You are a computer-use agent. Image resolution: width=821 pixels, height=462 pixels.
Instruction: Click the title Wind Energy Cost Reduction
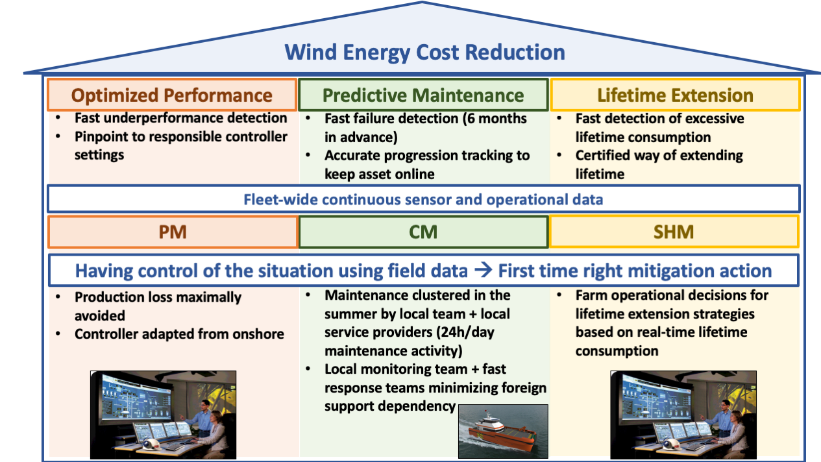click(425, 53)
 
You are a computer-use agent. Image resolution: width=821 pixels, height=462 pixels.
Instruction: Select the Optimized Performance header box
click(172, 95)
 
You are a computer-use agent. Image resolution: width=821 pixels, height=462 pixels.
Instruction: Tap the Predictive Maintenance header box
click(423, 95)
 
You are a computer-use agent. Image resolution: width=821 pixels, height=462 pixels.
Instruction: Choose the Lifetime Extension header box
click(675, 95)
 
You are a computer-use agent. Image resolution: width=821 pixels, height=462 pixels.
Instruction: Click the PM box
click(173, 232)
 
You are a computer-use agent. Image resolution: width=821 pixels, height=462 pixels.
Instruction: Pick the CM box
click(423, 232)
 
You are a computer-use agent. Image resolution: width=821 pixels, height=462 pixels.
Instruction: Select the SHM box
click(674, 232)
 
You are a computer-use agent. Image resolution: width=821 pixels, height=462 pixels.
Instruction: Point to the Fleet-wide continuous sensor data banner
click(423, 199)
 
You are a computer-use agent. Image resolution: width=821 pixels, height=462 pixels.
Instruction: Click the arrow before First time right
click(483, 271)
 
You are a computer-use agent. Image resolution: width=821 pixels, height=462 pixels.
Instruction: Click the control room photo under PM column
click(163, 415)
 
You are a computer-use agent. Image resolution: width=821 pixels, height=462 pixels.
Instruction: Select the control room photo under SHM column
click(683, 415)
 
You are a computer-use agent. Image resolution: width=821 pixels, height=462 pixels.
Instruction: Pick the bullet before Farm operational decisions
click(559, 295)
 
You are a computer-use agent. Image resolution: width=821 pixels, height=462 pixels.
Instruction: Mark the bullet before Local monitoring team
click(308, 369)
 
